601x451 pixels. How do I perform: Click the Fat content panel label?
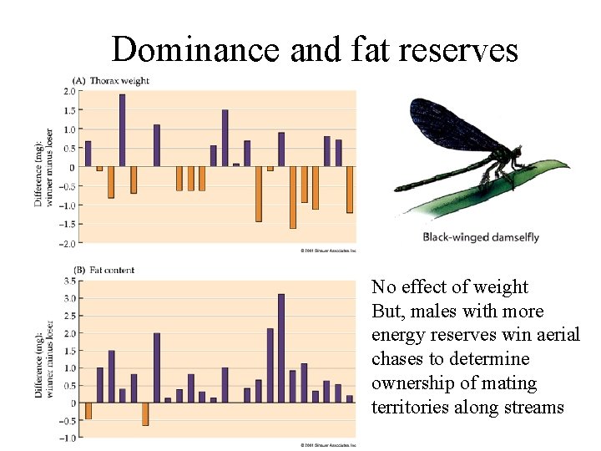pyautogui.click(x=113, y=271)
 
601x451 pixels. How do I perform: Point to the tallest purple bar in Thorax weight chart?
pyautogui.click(x=122, y=130)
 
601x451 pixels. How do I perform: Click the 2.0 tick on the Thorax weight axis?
pyautogui.click(x=71, y=91)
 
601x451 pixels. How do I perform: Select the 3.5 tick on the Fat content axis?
pyautogui.click(x=71, y=281)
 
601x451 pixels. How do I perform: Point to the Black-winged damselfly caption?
pyautogui.click(x=482, y=237)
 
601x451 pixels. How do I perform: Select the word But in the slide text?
pyautogui.click(x=387, y=312)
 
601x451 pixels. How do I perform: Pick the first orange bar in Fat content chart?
pyautogui.click(x=88, y=410)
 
